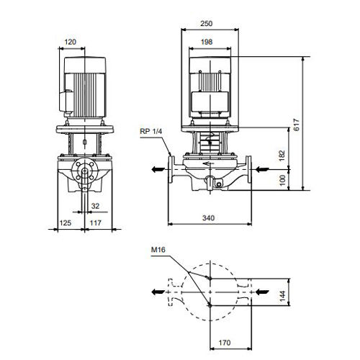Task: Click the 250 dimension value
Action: click(207, 24)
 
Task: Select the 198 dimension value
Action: click(207, 42)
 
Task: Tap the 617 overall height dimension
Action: click(297, 125)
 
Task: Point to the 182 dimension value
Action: click(282, 156)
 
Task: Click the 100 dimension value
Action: click(283, 180)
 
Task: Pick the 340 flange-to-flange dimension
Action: click(208, 218)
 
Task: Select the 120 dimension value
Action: click(70, 42)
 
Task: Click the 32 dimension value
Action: click(95, 206)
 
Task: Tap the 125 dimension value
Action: click(66, 223)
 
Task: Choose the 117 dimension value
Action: click(96, 223)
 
